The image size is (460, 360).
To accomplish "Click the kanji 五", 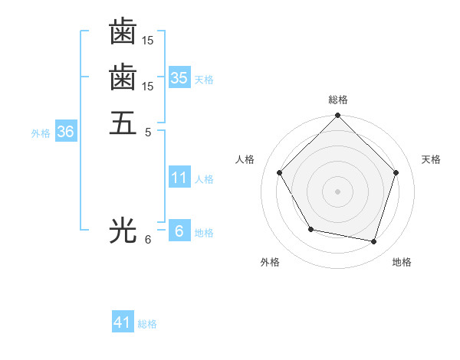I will click(x=123, y=123).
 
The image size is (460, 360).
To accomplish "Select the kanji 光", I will click(x=123, y=229).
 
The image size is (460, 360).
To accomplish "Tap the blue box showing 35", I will click(x=179, y=77).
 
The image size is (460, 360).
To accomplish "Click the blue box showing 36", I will click(x=66, y=132).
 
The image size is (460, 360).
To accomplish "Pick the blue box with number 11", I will click(x=179, y=178).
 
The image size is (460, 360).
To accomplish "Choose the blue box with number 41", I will click(x=123, y=322).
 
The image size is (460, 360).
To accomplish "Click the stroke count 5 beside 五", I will click(x=148, y=132).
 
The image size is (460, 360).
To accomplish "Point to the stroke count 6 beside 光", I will click(x=148, y=239).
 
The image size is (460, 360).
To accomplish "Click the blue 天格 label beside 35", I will click(x=204, y=79).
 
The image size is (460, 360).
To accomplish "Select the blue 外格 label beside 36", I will click(x=41, y=133).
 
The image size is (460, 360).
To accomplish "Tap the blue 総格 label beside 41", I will click(x=147, y=324).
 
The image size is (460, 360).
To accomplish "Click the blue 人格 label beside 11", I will click(x=204, y=179).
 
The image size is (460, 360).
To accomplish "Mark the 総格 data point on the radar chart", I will click(x=337, y=116).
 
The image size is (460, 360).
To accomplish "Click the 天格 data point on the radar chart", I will click(x=396, y=172).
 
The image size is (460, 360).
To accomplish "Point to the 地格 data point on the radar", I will click(x=373, y=241).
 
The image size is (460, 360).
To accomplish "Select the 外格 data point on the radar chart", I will click(x=310, y=229).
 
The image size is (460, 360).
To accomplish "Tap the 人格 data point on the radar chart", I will click(x=279, y=172).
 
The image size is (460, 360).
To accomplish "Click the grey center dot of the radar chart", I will click(x=337, y=191).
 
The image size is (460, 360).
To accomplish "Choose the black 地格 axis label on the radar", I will click(x=402, y=262).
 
